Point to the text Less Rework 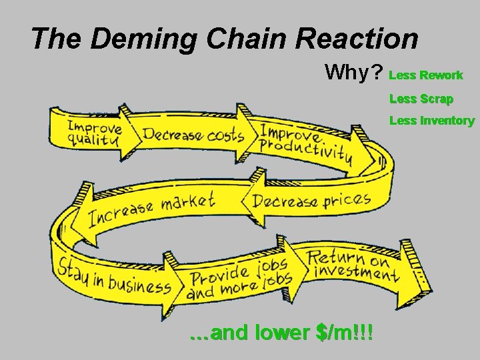[426, 75]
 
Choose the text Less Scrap [421, 99]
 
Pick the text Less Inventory [432, 121]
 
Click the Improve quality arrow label [94, 133]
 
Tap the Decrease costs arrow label [193, 134]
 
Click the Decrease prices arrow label [310, 200]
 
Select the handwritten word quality [93, 141]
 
